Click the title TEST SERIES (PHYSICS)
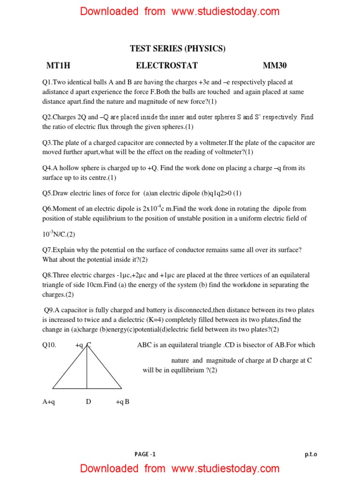click(178, 49)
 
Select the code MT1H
click(58, 66)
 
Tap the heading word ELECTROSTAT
click(167, 66)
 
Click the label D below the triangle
click(88, 402)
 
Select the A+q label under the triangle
click(49, 402)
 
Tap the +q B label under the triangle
click(122, 402)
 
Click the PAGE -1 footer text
click(145, 454)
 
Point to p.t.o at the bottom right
click(311, 454)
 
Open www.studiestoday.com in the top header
click(225, 12)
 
